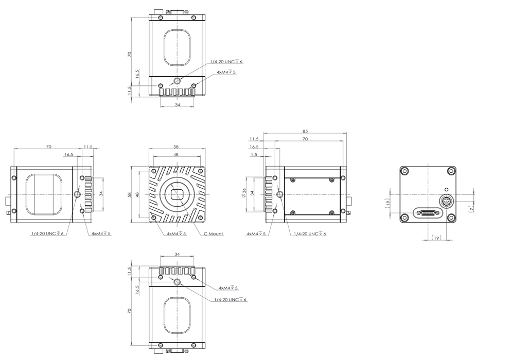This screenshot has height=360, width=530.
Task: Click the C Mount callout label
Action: (x=214, y=233)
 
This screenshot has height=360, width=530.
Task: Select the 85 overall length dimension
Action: (x=305, y=131)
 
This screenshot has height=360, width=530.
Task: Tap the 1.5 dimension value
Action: (x=254, y=154)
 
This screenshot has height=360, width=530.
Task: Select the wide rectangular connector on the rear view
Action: (x=428, y=213)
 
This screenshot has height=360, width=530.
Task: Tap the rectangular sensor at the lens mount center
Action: (x=177, y=194)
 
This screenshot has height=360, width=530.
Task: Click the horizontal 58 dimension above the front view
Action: (x=176, y=147)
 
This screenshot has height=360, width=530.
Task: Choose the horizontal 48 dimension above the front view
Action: (x=176, y=155)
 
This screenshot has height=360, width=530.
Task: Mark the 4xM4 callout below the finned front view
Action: (x=176, y=233)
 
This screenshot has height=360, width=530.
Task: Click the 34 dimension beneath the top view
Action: (x=178, y=105)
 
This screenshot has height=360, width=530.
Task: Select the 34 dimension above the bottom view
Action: (x=177, y=254)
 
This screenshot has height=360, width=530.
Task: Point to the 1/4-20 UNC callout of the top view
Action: (x=226, y=62)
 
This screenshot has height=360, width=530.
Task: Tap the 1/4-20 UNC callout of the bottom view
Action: (x=231, y=299)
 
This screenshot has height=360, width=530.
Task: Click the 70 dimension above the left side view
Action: (x=49, y=147)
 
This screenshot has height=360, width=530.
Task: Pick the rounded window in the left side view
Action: (x=44, y=194)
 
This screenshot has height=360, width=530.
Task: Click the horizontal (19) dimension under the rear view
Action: (x=436, y=238)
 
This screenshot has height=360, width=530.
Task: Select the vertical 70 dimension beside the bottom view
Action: (x=129, y=311)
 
